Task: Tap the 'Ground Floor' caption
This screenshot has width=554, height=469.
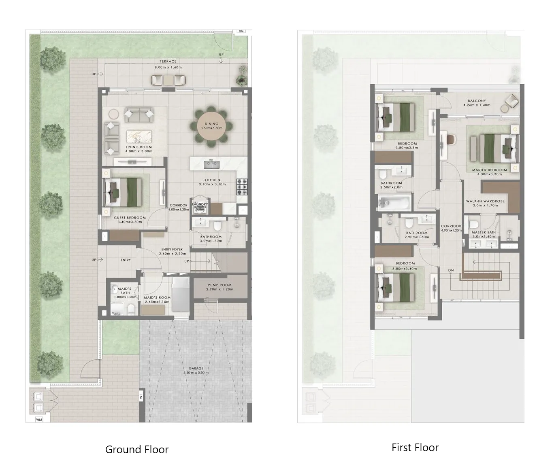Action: tap(136, 450)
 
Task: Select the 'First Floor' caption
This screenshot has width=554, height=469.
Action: tap(415, 448)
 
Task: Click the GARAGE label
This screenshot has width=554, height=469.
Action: tap(196, 369)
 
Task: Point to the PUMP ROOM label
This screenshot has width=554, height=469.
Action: tap(219, 285)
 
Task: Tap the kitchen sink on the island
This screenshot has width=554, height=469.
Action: tap(211, 164)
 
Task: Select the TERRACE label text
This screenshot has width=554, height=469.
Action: tap(168, 62)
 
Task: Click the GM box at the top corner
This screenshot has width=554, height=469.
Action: tap(241, 32)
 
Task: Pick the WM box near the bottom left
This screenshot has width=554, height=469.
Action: tap(39, 420)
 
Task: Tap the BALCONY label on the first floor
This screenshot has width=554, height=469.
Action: tap(477, 101)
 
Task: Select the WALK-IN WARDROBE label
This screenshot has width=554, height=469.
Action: tap(485, 201)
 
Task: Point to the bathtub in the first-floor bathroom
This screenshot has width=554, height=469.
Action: tap(394, 201)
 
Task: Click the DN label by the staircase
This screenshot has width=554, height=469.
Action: tap(451, 270)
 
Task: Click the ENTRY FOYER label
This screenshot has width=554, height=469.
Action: tap(172, 250)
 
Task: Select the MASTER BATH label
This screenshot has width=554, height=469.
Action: tap(484, 233)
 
